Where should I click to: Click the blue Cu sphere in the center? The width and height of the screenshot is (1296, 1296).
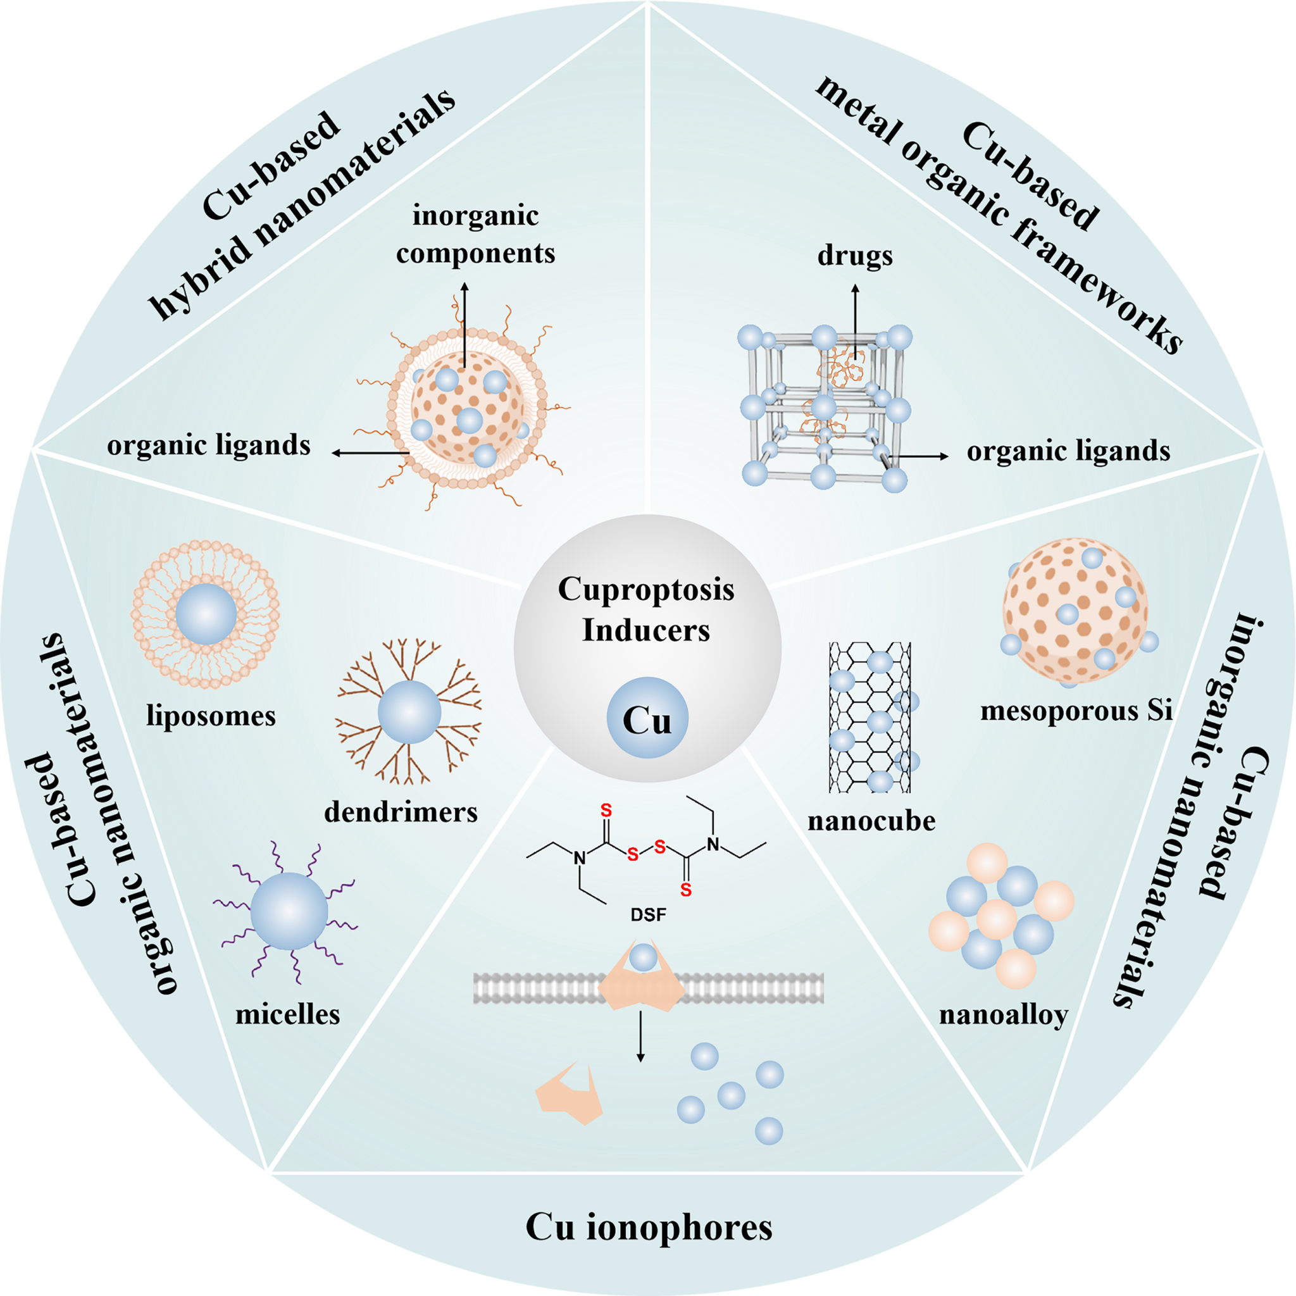(647, 717)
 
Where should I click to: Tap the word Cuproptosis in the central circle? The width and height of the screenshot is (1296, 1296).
(646, 590)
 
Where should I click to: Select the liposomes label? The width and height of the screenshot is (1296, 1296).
(211, 716)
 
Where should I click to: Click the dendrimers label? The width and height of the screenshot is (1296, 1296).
(401, 813)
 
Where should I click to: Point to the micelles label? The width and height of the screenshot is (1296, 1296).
(287, 1014)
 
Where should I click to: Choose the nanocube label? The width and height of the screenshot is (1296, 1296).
(871, 820)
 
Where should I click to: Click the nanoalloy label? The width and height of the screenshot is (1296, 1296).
(1003, 1015)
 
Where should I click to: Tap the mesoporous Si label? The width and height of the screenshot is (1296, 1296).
(1076, 711)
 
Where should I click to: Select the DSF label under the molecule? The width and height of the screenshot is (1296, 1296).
(648, 914)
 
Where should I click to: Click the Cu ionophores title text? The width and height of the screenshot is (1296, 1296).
(648, 1227)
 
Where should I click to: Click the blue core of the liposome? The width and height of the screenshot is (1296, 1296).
(206, 613)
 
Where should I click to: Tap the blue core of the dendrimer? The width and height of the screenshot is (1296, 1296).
(409, 712)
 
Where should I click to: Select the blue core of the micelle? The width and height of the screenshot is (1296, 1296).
(289, 912)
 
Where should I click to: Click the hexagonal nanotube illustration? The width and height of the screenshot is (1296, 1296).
(869, 716)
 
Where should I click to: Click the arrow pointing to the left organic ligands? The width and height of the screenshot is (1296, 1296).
(369, 454)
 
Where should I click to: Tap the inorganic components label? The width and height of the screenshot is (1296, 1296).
(475, 235)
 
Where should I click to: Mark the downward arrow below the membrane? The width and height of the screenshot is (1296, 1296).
(640, 1036)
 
